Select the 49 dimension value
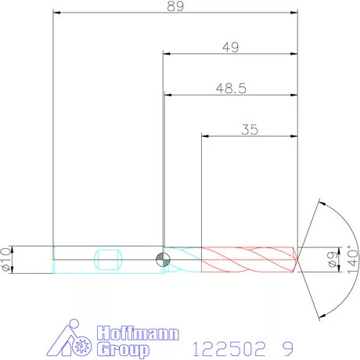230,47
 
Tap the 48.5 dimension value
231,88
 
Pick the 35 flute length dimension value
250,130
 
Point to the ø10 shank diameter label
7,259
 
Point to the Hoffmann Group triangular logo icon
74,339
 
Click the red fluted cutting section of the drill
249,259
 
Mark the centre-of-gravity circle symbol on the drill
162,259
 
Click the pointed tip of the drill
298,259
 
